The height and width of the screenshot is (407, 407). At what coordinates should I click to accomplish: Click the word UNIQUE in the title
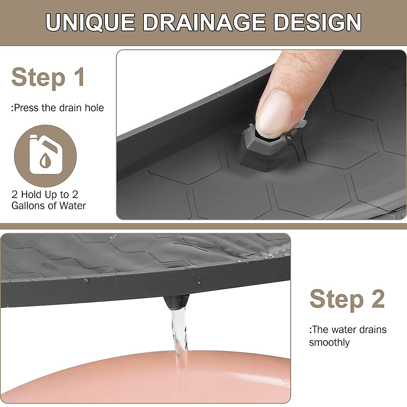tap(91, 23)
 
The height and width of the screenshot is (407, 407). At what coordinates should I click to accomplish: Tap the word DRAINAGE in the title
tap(205, 23)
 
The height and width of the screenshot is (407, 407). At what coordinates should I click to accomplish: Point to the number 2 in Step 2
tap(378, 299)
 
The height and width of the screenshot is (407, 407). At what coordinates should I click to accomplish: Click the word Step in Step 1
tap(38, 77)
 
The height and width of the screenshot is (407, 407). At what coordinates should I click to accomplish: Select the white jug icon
tap(45, 155)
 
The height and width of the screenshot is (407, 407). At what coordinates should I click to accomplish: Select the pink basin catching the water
tap(102, 376)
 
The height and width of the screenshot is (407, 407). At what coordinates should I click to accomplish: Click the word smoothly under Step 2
tap(329, 342)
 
